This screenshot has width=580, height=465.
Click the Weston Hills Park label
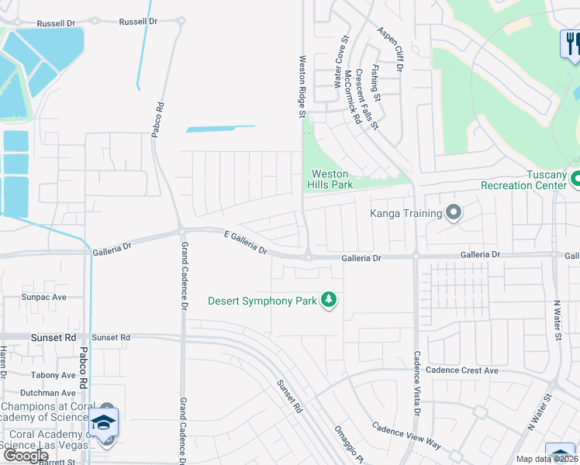coord(332,179)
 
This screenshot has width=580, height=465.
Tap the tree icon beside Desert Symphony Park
coord(330,300)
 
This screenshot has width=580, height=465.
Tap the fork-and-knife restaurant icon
coord(571,43)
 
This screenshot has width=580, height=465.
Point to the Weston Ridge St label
coord(302,86)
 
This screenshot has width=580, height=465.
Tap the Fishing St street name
coord(375,83)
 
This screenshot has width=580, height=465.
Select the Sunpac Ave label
coord(44,297)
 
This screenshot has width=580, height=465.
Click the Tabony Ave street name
coord(54,375)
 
